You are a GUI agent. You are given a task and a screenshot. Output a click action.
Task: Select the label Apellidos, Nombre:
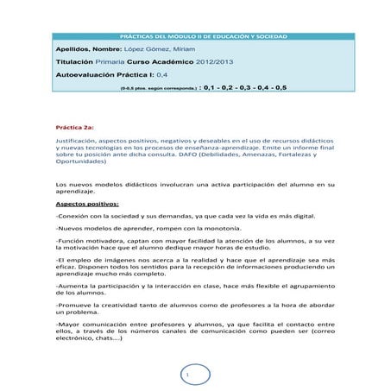click(x=84, y=51)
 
